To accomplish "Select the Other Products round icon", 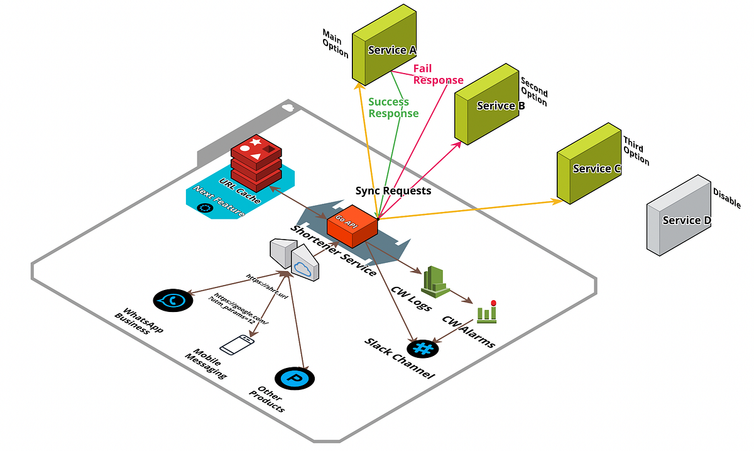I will pyautogui.click(x=294, y=378).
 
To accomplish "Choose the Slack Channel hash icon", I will pyautogui.click(x=422, y=348).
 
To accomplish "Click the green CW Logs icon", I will pyautogui.click(x=436, y=281).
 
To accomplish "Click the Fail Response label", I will pyautogui.click(x=437, y=74).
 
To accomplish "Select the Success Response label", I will pyautogui.click(x=393, y=108).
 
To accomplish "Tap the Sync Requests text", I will pyautogui.click(x=393, y=190).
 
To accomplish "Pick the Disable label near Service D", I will pyautogui.click(x=727, y=198).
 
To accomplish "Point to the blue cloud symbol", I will pyautogui.click(x=302, y=269).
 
